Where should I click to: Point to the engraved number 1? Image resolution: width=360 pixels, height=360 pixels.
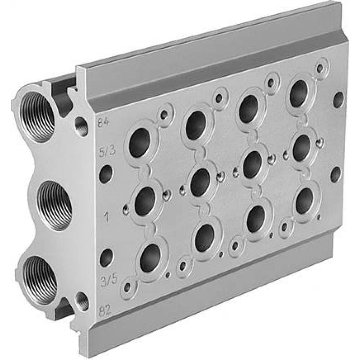click(106, 216)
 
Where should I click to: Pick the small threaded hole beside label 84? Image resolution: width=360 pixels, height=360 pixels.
click(82, 126)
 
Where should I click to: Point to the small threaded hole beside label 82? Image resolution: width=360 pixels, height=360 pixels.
click(81, 301)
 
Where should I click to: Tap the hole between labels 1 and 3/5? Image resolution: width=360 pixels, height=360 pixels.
click(106, 258)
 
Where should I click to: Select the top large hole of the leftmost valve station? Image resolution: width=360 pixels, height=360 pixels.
click(140, 143)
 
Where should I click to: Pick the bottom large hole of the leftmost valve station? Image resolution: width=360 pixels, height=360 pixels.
click(150, 258)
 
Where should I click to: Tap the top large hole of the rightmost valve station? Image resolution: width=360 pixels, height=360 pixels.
click(298, 93)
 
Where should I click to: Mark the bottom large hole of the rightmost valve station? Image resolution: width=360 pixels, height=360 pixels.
click(304, 201)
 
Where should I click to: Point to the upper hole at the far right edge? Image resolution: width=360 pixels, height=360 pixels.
click(338, 100)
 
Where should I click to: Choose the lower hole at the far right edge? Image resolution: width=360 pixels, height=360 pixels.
click(335, 174)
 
